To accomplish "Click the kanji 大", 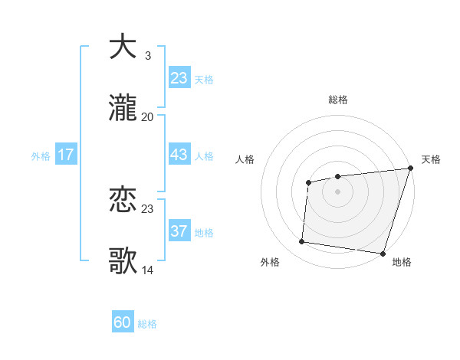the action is pyautogui.click(x=123, y=46).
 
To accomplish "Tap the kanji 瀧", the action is pyautogui.click(x=123, y=109).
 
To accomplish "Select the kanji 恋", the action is pyautogui.click(x=123, y=201).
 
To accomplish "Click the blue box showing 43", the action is pyautogui.click(x=179, y=155).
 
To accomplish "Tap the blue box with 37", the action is pyautogui.click(x=179, y=231).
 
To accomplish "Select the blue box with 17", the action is pyautogui.click(x=66, y=155).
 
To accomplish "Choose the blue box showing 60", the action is pyautogui.click(x=123, y=322).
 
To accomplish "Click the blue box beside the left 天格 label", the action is pyautogui.click(x=179, y=78).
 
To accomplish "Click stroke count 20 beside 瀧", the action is pyautogui.click(x=147, y=117).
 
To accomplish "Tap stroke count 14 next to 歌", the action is pyautogui.click(x=147, y=271).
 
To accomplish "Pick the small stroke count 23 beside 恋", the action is pyautogui.click(x=147, y=209).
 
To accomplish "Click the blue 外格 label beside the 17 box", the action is pyautogui.click(x=41, y=156).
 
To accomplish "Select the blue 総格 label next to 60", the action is pyautogui.click(x=147, y=324).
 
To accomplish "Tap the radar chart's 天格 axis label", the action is pyautogui.click(x=431, y=159).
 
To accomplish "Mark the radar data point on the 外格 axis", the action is pyautogui.click(x=302, y=242).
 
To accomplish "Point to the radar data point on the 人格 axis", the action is pyautogui.click(x=308, y=182).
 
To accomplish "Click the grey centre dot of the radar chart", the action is pyautogui.click(x=337, y=191).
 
